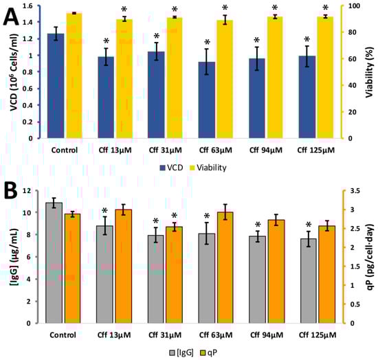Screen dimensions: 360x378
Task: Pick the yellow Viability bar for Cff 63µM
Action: point(224,79)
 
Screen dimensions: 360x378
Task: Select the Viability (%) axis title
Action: point(370,71)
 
